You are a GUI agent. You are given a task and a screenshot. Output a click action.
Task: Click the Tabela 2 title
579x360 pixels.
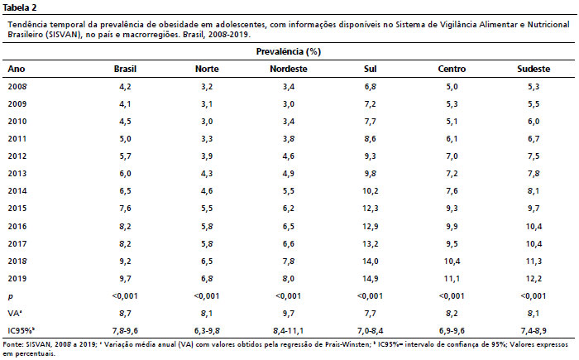(x=20, y=7)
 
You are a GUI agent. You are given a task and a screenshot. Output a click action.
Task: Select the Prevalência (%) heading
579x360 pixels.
(x=289, y=51)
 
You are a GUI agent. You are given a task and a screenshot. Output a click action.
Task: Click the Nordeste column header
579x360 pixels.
(x=289, y=70)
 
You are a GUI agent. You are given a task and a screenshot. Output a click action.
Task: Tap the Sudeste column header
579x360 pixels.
(x=534, y=70)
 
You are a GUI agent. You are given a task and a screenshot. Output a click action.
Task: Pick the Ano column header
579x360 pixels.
(x=17, y=70)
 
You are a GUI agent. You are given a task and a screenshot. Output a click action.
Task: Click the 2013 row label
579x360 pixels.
(x=17, y=174)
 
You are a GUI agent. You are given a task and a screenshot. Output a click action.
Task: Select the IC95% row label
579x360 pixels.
(x=21, y=330)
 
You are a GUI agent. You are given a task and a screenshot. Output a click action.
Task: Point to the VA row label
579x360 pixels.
(x=15, y=314)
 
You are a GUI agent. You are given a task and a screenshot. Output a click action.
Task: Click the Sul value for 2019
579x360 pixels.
(x=371, y=279)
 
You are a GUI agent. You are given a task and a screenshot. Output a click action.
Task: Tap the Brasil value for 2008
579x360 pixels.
(x=125, y=87)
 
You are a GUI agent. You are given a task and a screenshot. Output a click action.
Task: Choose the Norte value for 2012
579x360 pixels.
(x=207, y=156)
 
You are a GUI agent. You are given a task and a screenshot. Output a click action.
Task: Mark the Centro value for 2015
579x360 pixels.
(x=452, y=209)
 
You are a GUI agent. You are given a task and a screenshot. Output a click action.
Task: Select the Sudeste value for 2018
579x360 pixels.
(x=534, y=262)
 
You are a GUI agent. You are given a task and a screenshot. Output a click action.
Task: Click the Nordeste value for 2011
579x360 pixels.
(x=289, y=139)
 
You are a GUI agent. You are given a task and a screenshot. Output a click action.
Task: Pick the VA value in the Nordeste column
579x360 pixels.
(x=289, y=314)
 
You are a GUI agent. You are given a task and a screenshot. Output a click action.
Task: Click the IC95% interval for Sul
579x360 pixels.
(x=371, y=330)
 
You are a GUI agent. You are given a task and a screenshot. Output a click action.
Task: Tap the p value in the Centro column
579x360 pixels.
(x=452, y=296)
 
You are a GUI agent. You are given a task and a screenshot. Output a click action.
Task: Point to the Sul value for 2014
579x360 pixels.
(x=371, y=191)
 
